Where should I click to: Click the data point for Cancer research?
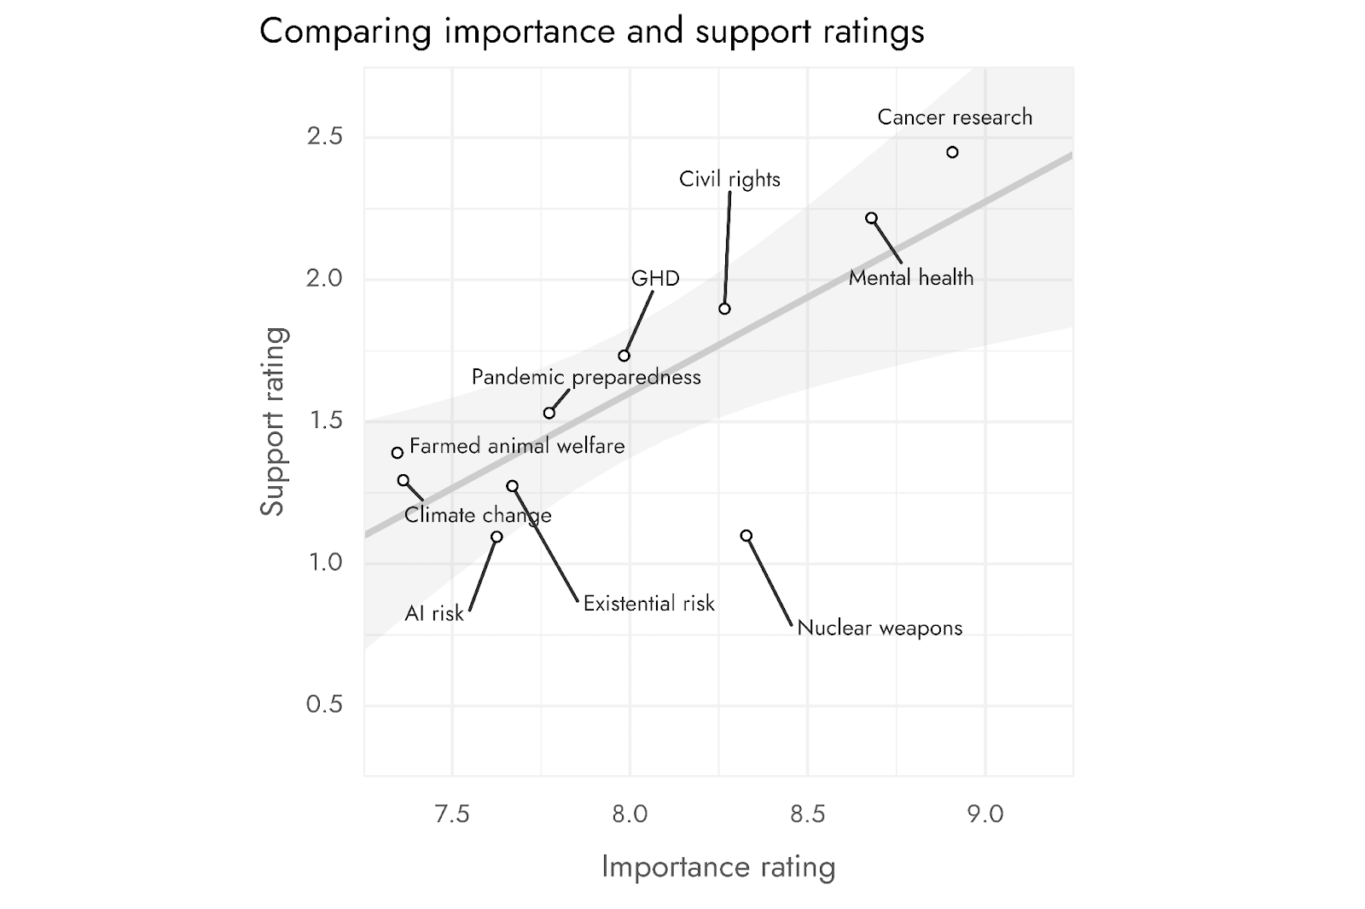click(952, 153)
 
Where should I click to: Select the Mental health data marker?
click(871, 218)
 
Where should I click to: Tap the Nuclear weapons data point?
click(746, 536)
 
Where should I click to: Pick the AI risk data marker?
click(497, 536)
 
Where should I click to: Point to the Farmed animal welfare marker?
click(398, 453)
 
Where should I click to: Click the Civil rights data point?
click(724, 309)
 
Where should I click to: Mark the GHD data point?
click(624, 356)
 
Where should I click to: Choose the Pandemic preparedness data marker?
click(549, 414)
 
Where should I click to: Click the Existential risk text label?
click(648, 604)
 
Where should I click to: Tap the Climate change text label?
click(478, 515)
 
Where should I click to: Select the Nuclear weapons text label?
click(880, 628)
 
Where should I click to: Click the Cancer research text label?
click(955, 117)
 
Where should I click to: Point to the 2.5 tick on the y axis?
click(324, 136)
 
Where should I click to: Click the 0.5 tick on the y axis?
click(324, 704)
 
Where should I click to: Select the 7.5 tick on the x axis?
click(451, 814)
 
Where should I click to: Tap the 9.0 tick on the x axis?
click(985, 814)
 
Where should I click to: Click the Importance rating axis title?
click(718, 866)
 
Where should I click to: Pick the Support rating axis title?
click(272, 421)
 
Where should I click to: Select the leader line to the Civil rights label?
click(728, 247)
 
